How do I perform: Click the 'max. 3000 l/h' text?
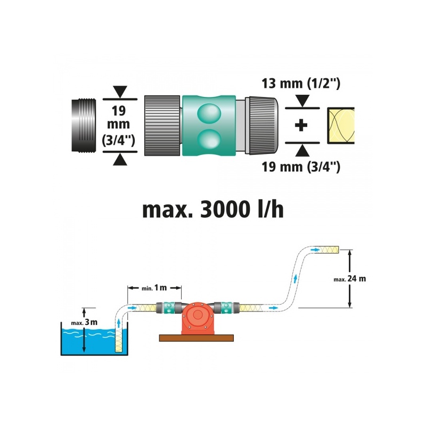point(213,209)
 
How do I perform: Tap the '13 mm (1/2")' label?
point(301,84)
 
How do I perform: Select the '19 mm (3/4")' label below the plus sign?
point(301,167)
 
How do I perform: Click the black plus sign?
point(301,125)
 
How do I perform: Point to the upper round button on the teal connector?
point(209,113)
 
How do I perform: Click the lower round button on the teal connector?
point(209,138)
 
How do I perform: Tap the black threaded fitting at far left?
point(84,125)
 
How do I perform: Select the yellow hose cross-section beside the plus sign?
point(341,126)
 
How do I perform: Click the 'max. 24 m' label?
point(350,278)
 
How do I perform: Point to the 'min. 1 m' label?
point(154,288)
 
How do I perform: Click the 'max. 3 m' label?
point(84,323)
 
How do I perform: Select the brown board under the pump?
point(196,338)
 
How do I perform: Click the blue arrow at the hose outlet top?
point(315,250)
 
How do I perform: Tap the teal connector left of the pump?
point(169,308)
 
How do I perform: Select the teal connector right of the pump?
point(226,308)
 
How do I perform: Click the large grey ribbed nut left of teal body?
point(162,126)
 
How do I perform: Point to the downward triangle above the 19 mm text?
point(120,92)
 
